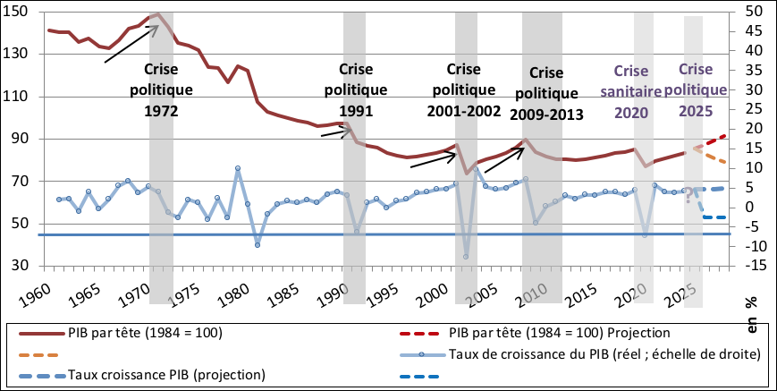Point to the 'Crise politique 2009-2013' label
click(x=546, y=94)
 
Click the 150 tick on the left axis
click(x=17, y=12)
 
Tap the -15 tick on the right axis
click(x=748, y=266)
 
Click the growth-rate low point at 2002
click(x=466, y=257)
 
